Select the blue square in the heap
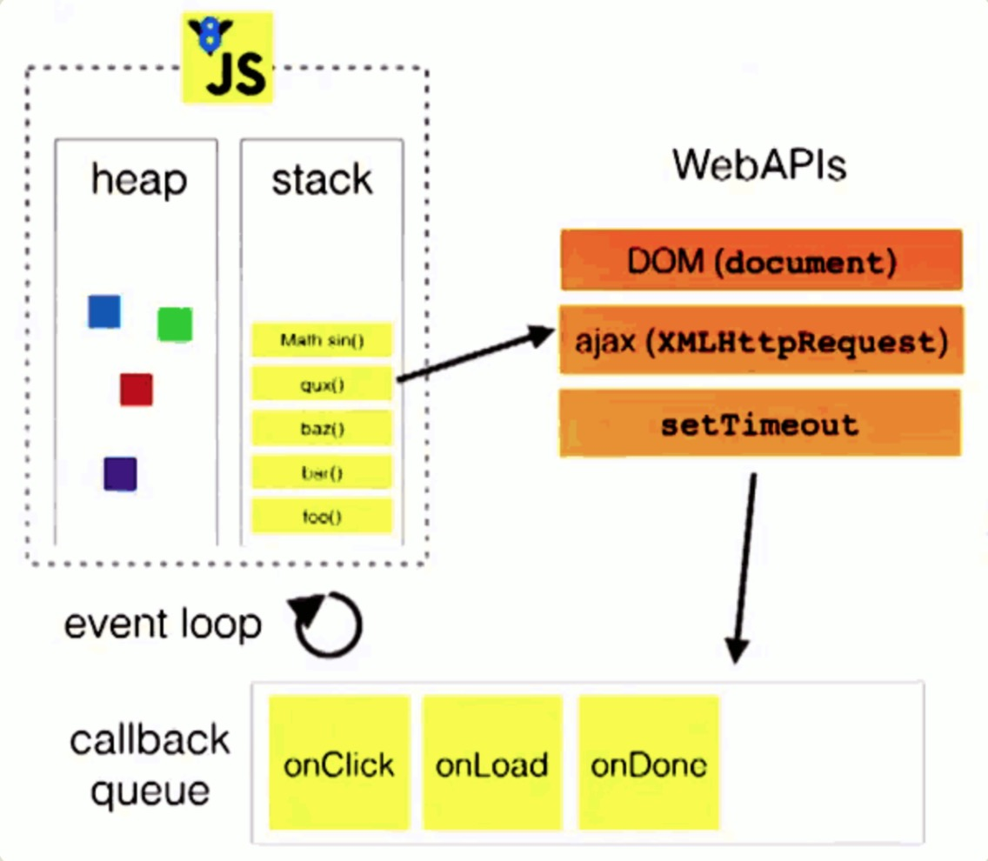click(x=104, y=311)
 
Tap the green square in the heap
click(x=175, y=324)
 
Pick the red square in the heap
click(x=137, y=390)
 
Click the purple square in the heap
click(x=120, y=474)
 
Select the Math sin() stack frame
click(x=322, y=340)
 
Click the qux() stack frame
click(x=322, y=384)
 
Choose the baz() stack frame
click(x=322, y=428)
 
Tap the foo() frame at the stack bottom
click(x=322, y=517)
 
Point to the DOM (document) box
click(x=761, y=260)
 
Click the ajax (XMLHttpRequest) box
click(x=761, y=340)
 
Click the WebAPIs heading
click(x=759, y=164)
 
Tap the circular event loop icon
click(x=328, y=624)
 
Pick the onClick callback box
click(x=339, y=764)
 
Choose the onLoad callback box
click(x=492, y=764)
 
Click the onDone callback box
click(x=649, y=764)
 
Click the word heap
click(x=139, y=180)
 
